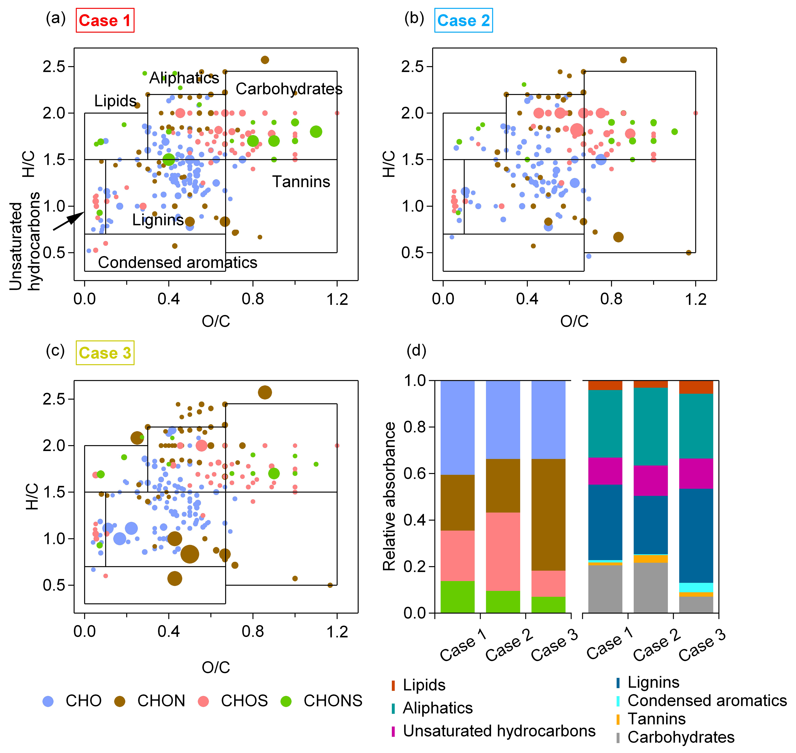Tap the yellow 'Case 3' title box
tap(105, 353)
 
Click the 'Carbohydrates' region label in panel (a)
tap(289, 89)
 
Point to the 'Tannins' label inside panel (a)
tap(301, 182)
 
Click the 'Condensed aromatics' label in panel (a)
tap(177, 262)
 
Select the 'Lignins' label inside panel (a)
tap(158, 220)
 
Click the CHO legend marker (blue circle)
tap(48, 701)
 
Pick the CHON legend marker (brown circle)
tap(120, 701)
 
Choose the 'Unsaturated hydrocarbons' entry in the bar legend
tap(499, 731)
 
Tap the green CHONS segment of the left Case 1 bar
tap(457, 597)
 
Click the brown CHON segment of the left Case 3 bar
tap(548, 514)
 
